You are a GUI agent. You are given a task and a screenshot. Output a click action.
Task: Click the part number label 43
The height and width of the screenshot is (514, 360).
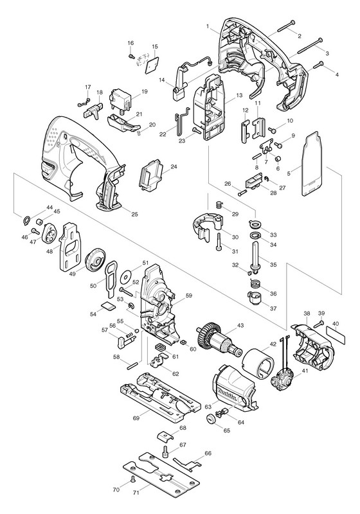point(240,326)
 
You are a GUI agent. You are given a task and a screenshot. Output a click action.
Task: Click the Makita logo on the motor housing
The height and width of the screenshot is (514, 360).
point(227,394)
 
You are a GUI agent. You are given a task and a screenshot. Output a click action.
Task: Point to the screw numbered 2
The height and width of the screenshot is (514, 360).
point(286,26)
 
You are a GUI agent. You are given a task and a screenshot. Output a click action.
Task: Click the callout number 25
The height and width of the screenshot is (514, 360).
point(134,215)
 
